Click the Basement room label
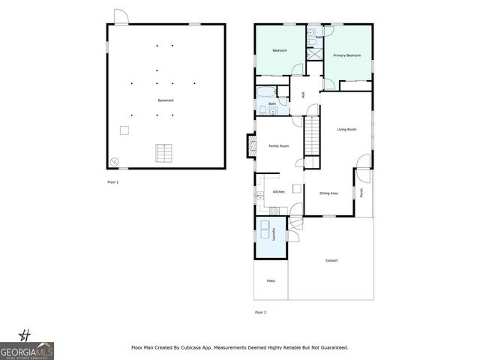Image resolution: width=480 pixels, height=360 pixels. click(166, 100)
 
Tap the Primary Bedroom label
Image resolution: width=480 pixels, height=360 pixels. click(347, 55)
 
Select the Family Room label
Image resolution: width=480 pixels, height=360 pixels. click(279, 145)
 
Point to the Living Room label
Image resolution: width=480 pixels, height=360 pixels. click(346, 130)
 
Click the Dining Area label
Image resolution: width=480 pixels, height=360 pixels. click(328, 193)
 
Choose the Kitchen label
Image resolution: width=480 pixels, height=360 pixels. click(278, 192)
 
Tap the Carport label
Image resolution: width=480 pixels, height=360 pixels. click(331, 260)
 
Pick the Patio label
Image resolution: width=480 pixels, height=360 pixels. click(271, 280)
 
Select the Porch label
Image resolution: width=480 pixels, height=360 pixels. click(362, 193)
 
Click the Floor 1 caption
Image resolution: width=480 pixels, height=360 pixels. click(112, 182)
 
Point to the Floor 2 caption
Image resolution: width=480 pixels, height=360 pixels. click(260, 312)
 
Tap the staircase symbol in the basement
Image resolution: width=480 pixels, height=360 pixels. click(163, 153)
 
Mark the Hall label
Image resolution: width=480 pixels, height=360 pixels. click(303, 94)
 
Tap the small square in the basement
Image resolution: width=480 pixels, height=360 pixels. click(124, 130)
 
